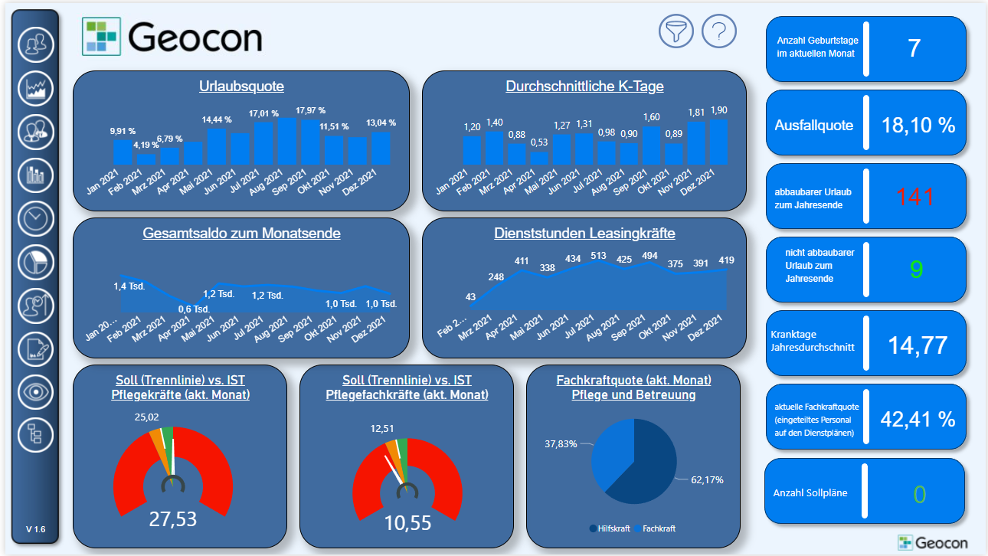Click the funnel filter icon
tap(676, 31)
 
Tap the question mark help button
tap(718, 31)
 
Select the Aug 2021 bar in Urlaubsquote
tap(288, 142)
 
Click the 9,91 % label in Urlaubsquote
tap(123, 131)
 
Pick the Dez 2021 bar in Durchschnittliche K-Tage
tap(718, 142)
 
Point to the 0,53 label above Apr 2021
tap(540, 142)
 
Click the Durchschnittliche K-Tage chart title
tap(584, 87)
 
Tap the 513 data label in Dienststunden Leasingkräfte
tap(598, 256)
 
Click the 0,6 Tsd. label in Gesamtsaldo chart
tap(195, 309)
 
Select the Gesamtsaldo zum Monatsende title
tap(241, 234)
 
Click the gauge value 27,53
tap(172, 519)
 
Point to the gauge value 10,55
tap(407, 523)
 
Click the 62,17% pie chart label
tap(707, 480)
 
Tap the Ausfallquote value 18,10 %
tap(918, 125)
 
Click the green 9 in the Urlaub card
tap(917, 270)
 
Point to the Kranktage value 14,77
tap(918, 345)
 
